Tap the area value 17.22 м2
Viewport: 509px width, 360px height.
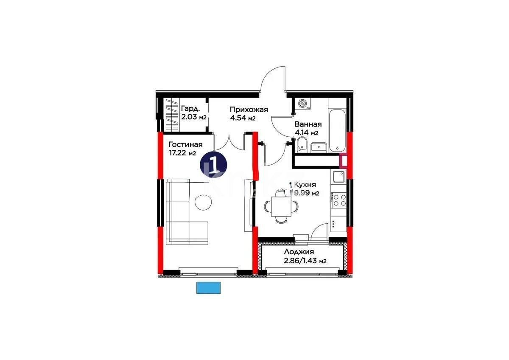(182, 153)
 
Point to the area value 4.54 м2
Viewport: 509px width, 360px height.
(243, 118)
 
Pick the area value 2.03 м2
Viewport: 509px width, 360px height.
(193, 117)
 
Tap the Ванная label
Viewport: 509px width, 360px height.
(308, 124)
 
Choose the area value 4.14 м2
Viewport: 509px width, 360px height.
(307, 133)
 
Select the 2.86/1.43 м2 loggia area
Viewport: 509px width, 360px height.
(305, 261)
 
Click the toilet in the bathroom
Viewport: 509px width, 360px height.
(302, 143)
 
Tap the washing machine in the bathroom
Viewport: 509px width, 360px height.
(303, 104)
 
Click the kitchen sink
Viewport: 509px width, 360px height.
(338, 176)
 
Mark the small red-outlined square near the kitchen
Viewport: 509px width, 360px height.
(344, 161)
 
